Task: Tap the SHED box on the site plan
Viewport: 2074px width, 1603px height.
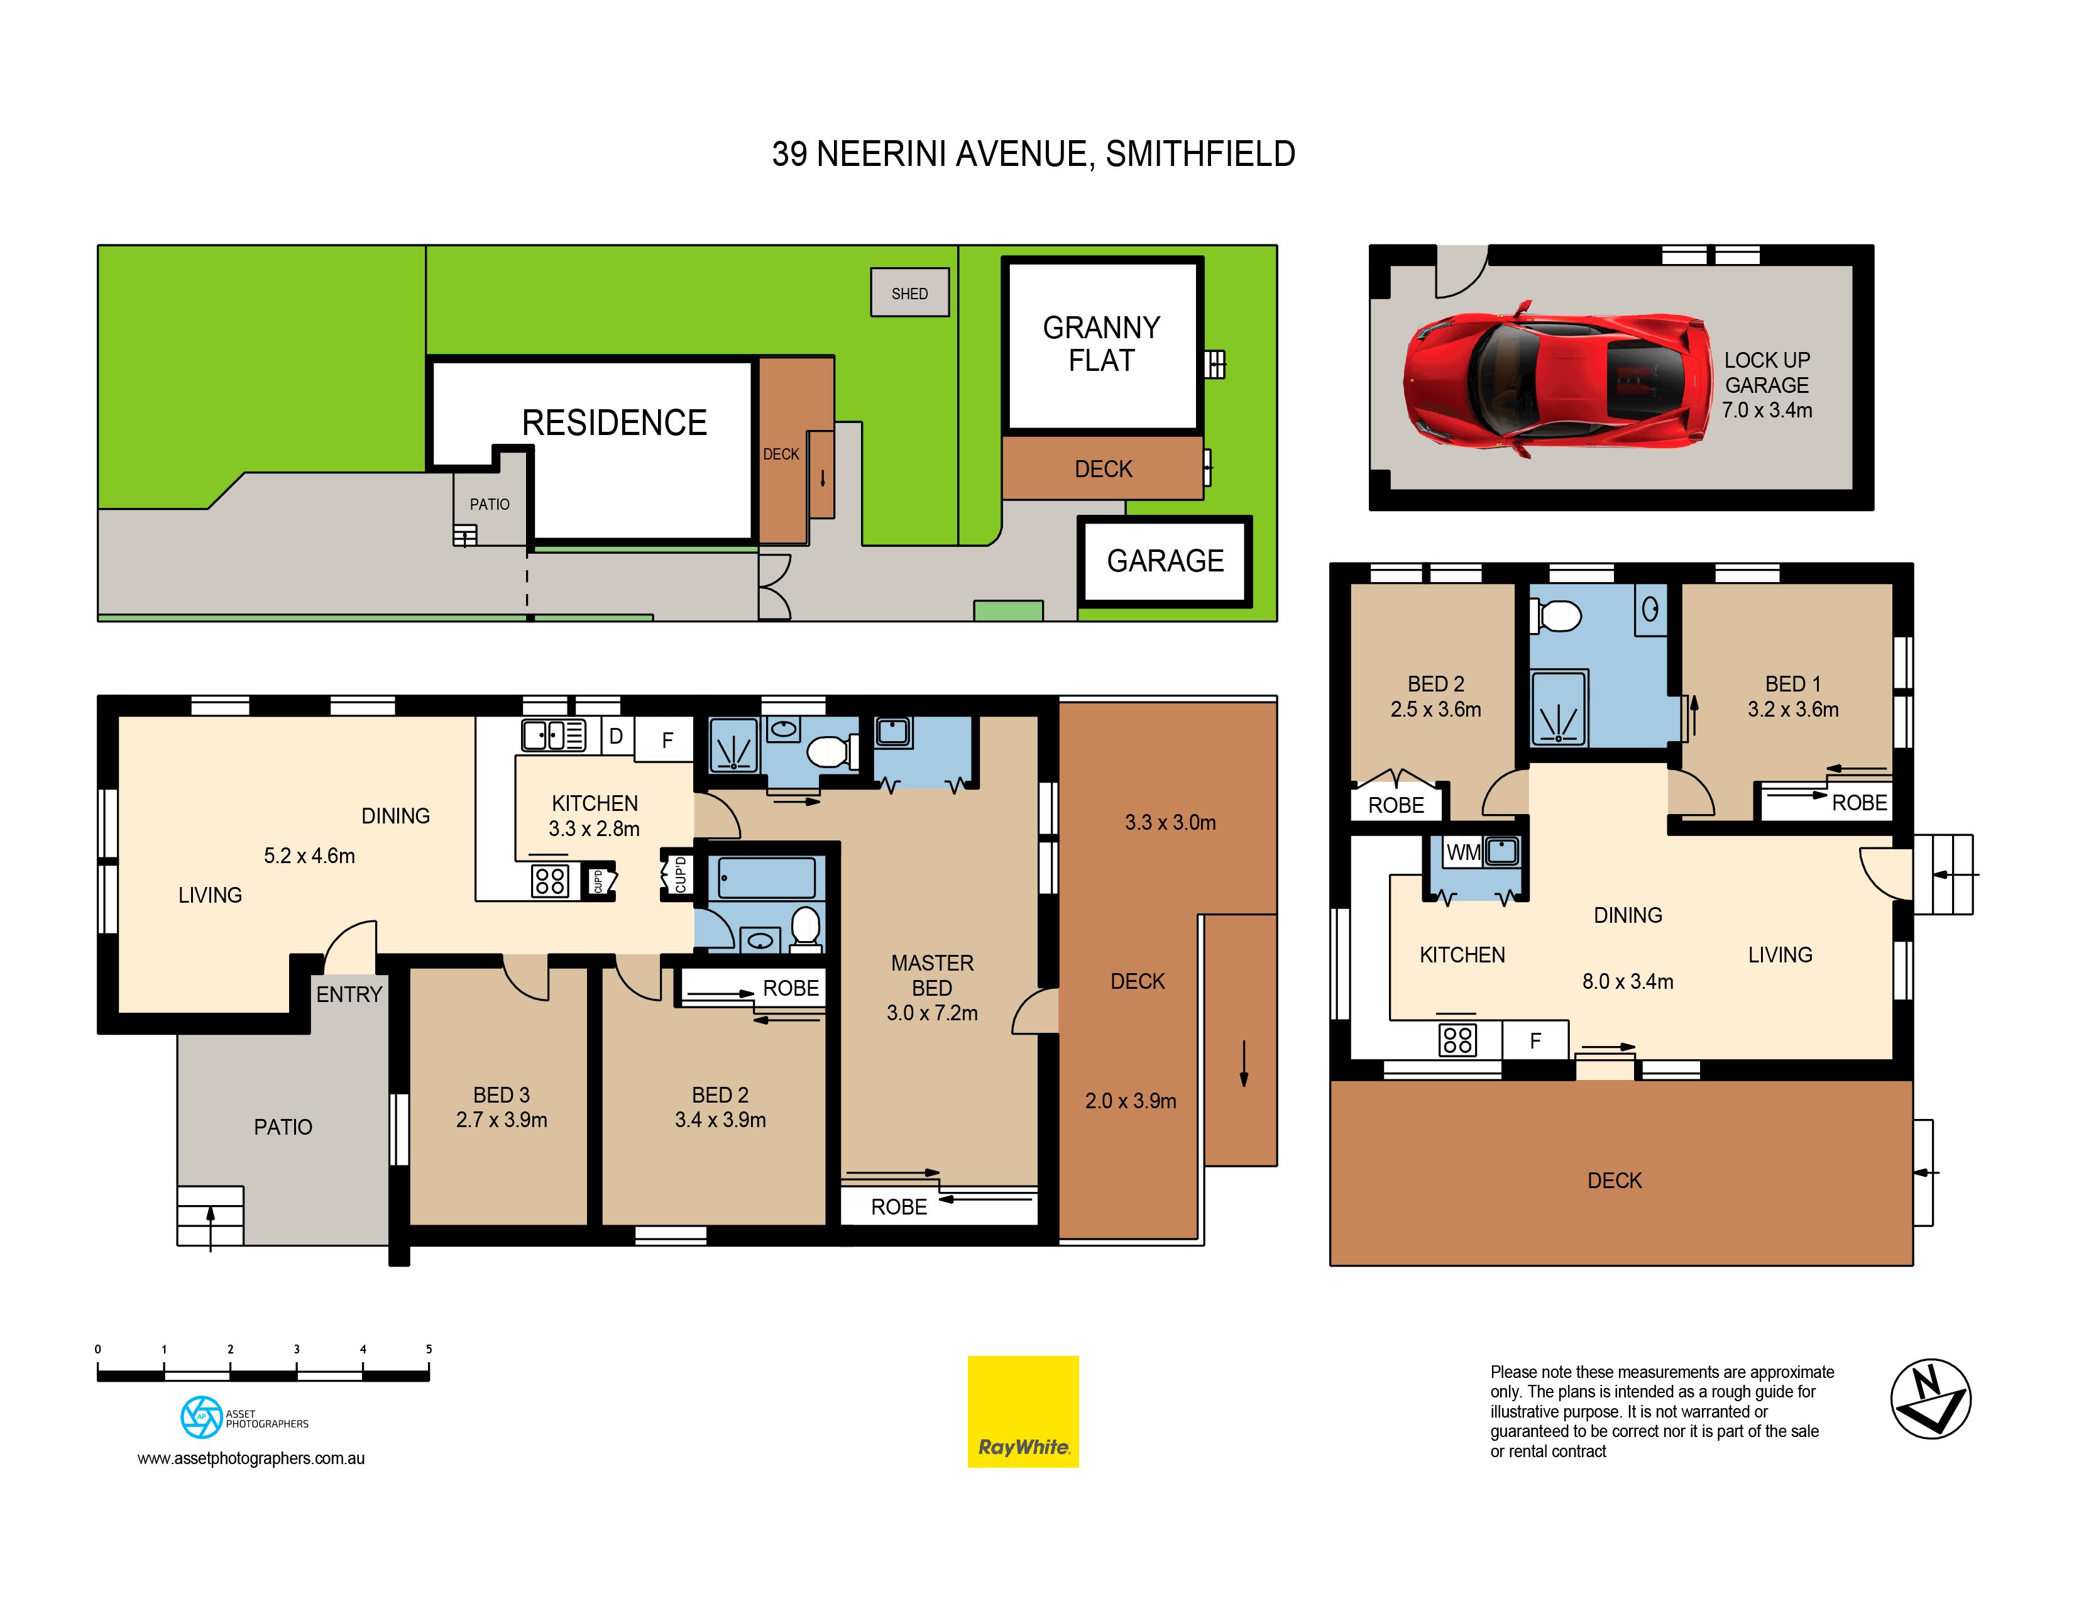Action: [910, 292]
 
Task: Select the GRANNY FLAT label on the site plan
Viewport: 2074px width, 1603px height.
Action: [1102, 344]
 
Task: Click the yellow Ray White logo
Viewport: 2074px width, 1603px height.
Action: [1023, 1411]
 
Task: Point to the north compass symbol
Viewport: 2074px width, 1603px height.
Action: [1931, 1399]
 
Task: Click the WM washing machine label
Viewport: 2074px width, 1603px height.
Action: [1463, 852]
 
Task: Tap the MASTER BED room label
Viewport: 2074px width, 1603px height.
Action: [933, 975]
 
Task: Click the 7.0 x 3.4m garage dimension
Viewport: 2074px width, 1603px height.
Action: [1767, 410]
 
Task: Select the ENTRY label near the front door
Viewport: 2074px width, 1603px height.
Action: [349, 994]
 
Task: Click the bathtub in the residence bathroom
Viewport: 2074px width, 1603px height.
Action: [767, 878]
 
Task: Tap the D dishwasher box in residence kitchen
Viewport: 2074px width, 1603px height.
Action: [617, 736]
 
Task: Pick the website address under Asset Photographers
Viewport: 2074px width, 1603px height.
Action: [251, 1458]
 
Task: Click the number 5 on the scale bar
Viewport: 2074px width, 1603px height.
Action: [429, 1348]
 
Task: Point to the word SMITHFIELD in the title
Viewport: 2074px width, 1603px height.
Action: [1200, 154]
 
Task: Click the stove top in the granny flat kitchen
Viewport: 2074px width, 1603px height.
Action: [1457, 1040]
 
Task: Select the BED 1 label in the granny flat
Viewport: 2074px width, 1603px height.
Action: [1793, 684]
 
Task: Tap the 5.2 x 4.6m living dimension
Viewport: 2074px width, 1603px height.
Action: [310, 856]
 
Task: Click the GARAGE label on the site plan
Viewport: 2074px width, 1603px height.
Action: [1165, 561]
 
